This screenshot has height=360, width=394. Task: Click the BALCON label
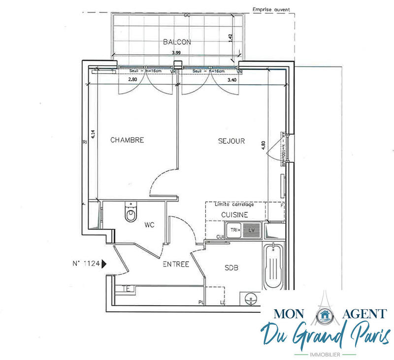point(177,42)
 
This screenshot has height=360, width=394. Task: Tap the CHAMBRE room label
point(127,140)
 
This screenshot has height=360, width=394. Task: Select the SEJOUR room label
point(231,141)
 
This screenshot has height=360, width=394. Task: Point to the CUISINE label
point(234,215)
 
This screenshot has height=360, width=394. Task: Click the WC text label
point(150,225)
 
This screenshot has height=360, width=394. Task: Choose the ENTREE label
point(176,264)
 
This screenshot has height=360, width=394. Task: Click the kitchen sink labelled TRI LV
point(242,230)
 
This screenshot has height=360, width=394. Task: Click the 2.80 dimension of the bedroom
point(132,79)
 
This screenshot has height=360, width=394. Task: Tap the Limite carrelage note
point(234,204)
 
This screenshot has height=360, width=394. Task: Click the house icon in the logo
point(324,315)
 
